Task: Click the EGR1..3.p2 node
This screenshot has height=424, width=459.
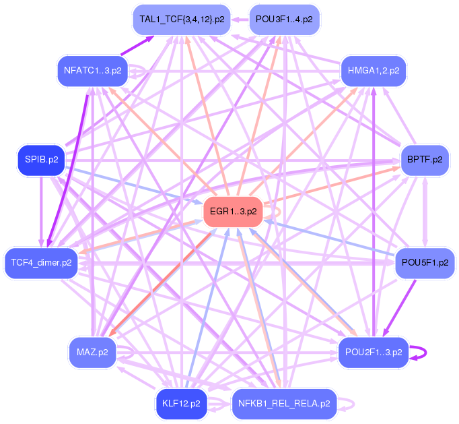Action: (x=233, y=212)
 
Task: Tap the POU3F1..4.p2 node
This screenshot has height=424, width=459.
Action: (x=283, y=19)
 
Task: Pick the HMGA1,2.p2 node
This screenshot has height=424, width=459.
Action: (x=374, y=70)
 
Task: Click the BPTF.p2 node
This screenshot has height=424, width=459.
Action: (x=425, y=160)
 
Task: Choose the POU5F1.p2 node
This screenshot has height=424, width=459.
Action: (x=424, y=262)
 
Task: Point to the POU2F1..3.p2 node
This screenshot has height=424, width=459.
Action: (x=373, y=352)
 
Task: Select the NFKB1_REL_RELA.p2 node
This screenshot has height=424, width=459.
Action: (x=283, y=404)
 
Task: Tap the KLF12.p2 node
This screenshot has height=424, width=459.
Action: (x=181, y=404)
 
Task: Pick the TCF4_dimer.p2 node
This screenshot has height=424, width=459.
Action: (x=41, y=262)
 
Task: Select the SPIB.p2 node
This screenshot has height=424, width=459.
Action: (x=41, y=160)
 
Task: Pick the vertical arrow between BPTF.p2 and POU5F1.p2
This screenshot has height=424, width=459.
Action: (x=425, y=211)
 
